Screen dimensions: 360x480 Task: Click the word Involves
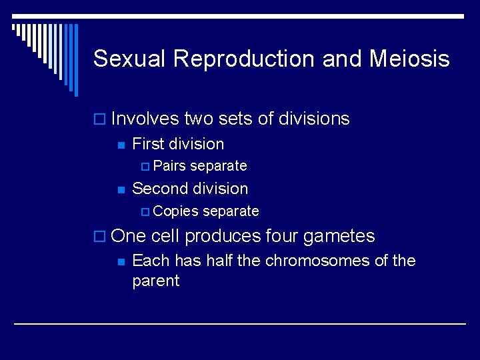coord(145,119)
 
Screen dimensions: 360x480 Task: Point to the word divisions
coord(314,119)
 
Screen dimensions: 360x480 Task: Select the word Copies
coord(175,211)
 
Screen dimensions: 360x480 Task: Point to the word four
coord(282,236)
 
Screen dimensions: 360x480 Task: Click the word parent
coord(156,281)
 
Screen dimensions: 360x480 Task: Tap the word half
coord(219,260)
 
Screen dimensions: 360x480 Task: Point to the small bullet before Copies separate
coord(146,212)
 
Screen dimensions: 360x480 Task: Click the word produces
coord(223,236)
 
